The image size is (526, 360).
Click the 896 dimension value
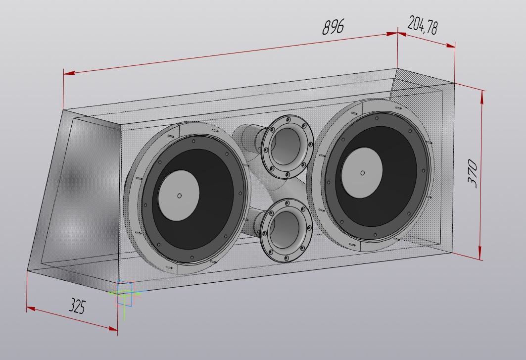(x=333, y=27)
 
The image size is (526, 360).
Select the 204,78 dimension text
(x=423, y=25)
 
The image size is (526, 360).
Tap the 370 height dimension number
(x=473, y=173)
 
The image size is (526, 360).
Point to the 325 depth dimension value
(x=77, y=306)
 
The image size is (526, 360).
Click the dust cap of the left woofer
(x=179, y=196)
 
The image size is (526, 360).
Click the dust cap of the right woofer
(x=362, y=173)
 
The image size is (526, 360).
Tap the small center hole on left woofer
(x=180, y=196)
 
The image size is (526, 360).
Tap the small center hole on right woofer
(x=362, y=173)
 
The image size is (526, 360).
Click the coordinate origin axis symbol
(x=124, y=293)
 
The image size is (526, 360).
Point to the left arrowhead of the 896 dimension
(x=69, y=72)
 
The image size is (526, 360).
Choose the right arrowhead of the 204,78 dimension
(x=450, y=45)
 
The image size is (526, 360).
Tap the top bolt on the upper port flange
(x=288, y=119)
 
